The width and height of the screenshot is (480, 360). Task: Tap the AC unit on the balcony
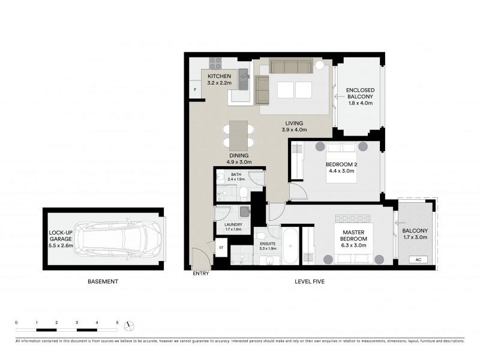point(418,260)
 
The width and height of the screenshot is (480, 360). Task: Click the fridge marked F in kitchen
point(195,90)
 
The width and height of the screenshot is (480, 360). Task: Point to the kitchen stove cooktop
point(215,62)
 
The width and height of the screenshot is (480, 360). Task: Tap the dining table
point(238,136)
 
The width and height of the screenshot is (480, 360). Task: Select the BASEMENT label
point(103,281)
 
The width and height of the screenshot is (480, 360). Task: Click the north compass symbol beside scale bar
point(128,326)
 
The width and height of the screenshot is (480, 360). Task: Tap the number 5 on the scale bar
point(117,323)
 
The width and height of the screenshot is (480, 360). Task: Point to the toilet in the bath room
point(244,193)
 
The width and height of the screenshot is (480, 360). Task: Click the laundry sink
point(244,211)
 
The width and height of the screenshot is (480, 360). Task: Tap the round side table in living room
point(320,65)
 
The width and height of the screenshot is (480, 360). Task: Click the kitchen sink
point(243,76)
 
